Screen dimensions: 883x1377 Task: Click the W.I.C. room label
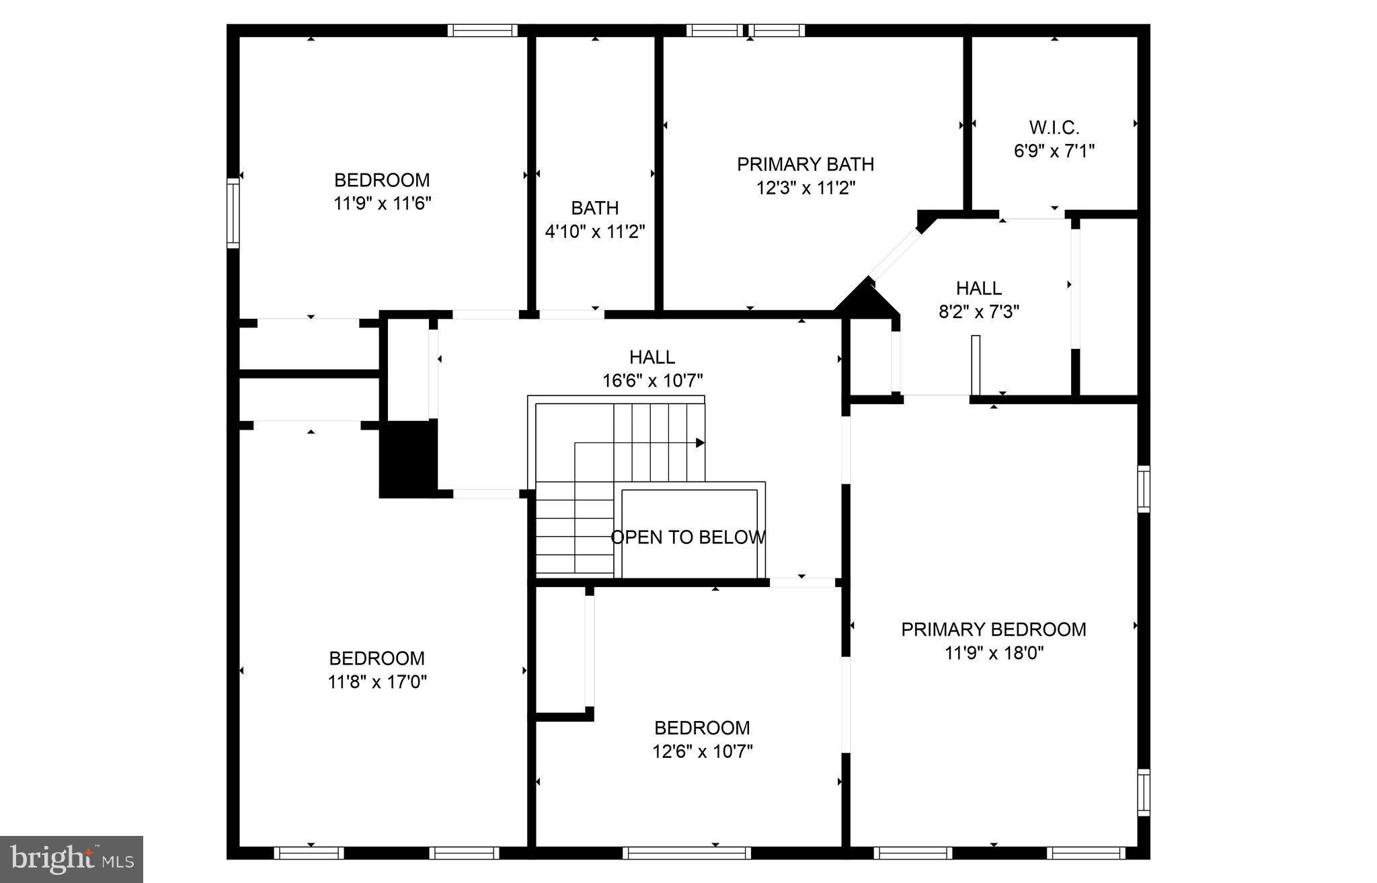click(1054, 127)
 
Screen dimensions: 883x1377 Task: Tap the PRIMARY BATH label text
click(805, 164)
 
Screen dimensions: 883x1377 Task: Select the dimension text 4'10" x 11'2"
click(594, 232)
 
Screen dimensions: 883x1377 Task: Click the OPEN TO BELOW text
click(687, 537)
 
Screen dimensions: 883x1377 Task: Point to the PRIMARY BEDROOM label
click(993, 629)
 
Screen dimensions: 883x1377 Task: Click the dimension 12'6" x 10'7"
click(702, 751)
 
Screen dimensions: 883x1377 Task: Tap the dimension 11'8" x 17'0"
click(377, 682)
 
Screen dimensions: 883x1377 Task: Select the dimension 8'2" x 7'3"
click(978, 312)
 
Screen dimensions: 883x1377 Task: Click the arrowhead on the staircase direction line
click(700, 443)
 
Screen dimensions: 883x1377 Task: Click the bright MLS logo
click(71, 859)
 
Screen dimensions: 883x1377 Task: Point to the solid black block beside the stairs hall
click(407, 460)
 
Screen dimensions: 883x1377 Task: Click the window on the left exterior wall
click(233, 213)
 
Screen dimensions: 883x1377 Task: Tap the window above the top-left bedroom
click(482, 30)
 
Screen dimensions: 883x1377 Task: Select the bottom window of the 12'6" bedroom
click(686, 853)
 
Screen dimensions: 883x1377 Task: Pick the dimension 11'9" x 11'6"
click(382, 203)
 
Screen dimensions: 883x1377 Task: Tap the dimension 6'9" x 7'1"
click(1054, 151)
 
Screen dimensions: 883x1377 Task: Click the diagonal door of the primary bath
click(895, 253)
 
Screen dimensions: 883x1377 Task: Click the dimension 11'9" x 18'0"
click(993, 653)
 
